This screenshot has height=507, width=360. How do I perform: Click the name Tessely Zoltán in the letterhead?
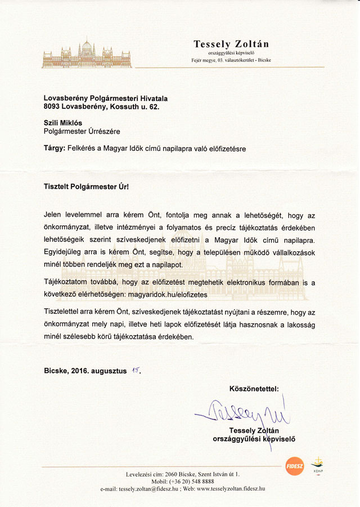[231, 43]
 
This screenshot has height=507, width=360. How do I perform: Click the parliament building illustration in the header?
[87, 54]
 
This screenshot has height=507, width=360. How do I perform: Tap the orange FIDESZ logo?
[294, 466]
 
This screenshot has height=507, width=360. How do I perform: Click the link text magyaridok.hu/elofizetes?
[168, 293]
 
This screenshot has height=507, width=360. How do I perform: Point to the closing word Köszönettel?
[254, 388]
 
